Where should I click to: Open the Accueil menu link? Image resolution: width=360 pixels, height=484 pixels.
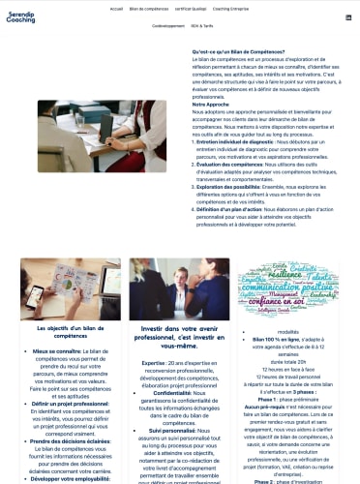(x=117, y=7)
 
